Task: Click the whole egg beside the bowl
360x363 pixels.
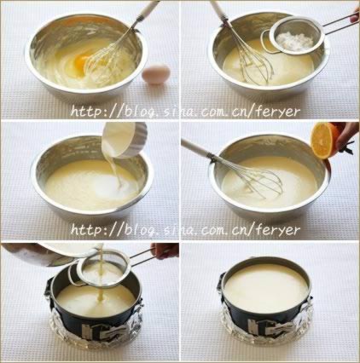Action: click(156, 74)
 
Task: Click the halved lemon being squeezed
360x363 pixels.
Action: click(322, 141)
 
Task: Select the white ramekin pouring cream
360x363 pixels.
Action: click(124, 140)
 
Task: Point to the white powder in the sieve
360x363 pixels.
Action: click(296, 42)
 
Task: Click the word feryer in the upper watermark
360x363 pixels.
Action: click(277, 112)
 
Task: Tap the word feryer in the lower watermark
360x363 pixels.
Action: click(277, 229)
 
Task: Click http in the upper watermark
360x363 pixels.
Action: click(87, 112)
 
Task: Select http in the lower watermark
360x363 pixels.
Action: click(87, 229)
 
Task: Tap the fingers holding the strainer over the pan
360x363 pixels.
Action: click(165, 251)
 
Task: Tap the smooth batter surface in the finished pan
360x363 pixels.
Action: click(266, 288)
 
